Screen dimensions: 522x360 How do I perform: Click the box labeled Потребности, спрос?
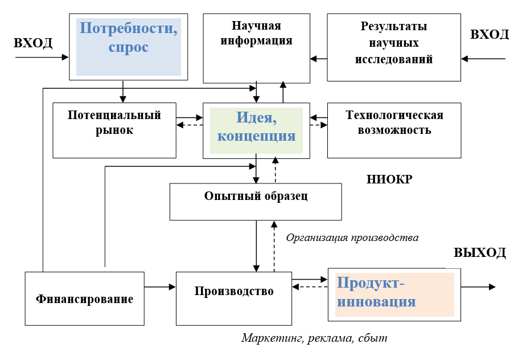pos(129,47)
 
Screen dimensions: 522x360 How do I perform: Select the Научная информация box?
pos(256,48)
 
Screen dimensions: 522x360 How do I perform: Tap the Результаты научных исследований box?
pos(394,47)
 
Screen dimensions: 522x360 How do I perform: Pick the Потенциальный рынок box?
pos(114,130)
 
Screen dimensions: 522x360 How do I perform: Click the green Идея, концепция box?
pos(256,130)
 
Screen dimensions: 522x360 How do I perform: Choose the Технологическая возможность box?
pos(394,130)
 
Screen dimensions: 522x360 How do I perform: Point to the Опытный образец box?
pos(256,202)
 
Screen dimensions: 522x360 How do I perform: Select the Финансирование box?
pos(85,298)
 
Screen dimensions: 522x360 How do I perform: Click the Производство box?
pos(234,298)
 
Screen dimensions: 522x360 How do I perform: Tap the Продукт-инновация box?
pos(394,294)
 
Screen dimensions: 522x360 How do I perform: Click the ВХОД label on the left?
pos(33,43)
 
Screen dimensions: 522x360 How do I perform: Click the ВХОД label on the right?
pos(490,34)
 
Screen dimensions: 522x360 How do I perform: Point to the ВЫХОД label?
pos(480,253)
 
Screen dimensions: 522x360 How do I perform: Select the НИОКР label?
pos(389,179)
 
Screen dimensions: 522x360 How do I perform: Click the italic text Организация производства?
pos(352,238)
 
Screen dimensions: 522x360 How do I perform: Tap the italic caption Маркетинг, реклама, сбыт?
pos(314,338)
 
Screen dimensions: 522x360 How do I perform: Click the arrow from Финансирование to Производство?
pos(160,287)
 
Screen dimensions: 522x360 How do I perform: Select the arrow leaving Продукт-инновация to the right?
pos(478,287)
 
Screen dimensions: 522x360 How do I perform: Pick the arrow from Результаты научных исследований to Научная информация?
pos(319,59)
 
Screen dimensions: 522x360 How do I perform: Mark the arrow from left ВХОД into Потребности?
pos(42,58)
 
